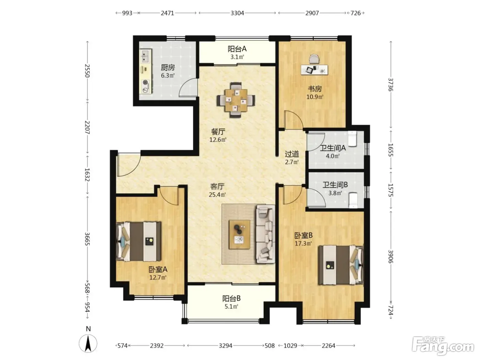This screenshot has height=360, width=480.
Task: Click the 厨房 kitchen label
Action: pos(168,68)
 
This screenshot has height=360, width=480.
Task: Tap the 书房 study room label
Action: pos(315,89)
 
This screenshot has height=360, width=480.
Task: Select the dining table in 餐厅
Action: pos(236,100)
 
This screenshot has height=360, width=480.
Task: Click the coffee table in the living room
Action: pos(239,234)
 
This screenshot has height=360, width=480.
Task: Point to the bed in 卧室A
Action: pos(139,241)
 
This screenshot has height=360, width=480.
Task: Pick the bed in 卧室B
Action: pos(341,265)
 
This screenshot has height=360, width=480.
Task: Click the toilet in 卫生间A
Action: pos(352,139)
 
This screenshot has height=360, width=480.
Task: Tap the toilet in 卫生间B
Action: pos(353,200)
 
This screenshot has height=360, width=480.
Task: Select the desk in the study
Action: pos(314,70)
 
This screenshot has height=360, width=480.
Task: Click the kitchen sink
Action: pos(145,56)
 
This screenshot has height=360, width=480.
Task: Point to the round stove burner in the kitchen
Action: pos(145,82)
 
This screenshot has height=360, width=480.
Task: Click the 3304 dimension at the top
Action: pos(237,13)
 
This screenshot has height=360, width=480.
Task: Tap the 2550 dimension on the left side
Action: pos(87,71)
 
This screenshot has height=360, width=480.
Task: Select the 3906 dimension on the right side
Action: pos(391,256)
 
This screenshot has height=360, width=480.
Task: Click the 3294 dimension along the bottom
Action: pos(226,346)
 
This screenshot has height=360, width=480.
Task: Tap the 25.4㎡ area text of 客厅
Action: pos(217,194)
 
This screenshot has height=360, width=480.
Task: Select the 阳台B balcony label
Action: pos(231,298)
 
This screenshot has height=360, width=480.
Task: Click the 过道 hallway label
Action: pos(292,154)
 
